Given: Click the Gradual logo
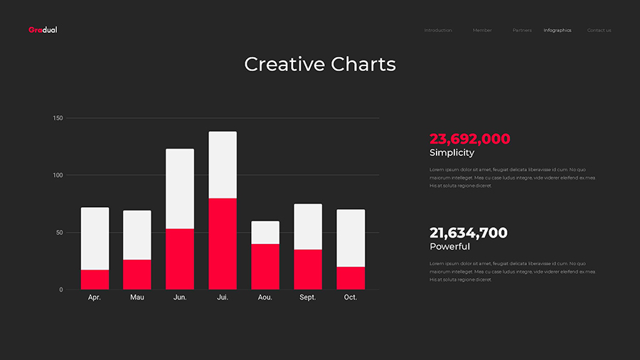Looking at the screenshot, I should point(43,30).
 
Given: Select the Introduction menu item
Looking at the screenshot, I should point(438,31).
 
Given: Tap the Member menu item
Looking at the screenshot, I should point(482,31).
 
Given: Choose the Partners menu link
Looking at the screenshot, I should point(522,31).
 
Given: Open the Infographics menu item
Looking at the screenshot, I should point(558,31).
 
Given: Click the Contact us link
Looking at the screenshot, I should point(599,31).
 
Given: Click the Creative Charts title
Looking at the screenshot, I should point(320,64).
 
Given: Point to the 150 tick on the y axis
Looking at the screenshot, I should point(58,118).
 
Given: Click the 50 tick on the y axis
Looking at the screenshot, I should point(60,233).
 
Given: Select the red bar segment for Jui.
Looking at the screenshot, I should point(223,243).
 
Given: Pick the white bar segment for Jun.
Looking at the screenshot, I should point(180,189).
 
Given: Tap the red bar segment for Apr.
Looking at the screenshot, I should point(95,280).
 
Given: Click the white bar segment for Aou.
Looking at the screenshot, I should point(265,233).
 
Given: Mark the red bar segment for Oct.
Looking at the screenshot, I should point(351,278).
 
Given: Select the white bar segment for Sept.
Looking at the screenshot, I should point(308,226).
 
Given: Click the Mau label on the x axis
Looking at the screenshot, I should point(137,297).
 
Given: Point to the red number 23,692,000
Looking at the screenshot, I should point(469,139).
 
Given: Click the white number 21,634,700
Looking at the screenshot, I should point(468,233).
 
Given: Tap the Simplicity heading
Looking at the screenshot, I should point(452,153).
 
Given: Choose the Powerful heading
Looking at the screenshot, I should point(449,247).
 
